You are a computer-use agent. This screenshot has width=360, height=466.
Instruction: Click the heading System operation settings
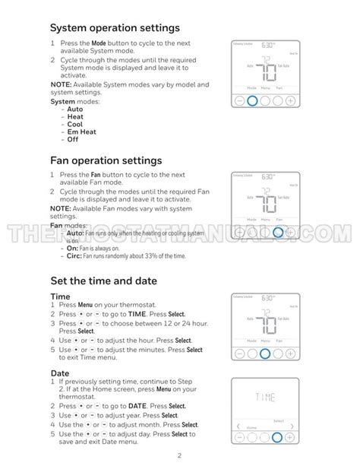(115, 28)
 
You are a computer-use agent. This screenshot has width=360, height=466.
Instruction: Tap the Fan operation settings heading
(106, 160)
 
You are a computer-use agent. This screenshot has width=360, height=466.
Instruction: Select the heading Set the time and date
(104, 281)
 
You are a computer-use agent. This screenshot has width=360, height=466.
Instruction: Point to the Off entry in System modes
(73, 139)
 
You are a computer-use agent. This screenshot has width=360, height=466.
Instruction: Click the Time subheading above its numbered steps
(60, 296)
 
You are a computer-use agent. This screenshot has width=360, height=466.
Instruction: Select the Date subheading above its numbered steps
(60, 373)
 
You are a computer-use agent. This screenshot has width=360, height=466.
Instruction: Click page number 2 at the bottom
(179, 455)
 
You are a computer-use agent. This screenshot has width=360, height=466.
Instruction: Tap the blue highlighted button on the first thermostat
(252, 100)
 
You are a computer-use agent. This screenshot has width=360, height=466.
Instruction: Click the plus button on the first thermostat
(290, 100)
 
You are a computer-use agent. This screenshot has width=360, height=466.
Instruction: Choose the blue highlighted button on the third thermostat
(265, 353)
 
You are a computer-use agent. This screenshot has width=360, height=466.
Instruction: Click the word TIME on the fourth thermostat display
(265, 398)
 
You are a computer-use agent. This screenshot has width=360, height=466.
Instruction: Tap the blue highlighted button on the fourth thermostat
(277, 436)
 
